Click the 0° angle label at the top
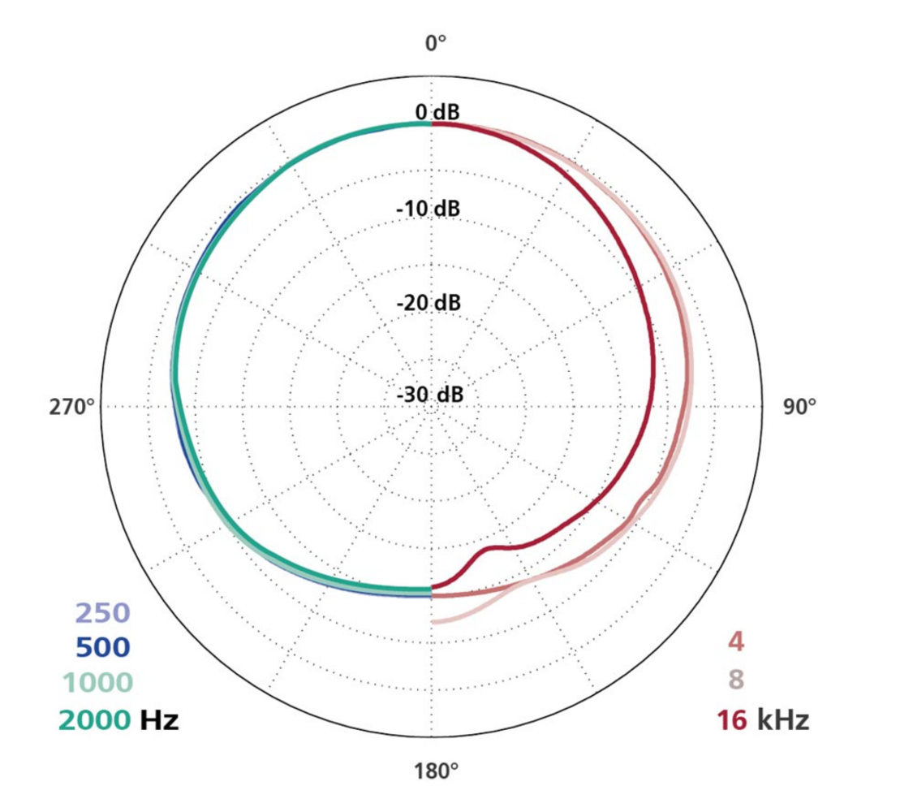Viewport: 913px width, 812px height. [x=437, y=43]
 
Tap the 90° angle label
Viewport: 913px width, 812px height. [x=799, y=407]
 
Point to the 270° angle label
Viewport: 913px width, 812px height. [x=72, y=405]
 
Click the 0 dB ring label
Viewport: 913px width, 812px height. [x=437, y=112]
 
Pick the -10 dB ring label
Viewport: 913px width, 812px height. [x=428, y=209]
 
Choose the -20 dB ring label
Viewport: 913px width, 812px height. [x=429, y=303]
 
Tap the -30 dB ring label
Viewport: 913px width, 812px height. [x=430, y=395]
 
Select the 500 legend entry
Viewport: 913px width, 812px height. [x=102, y=647]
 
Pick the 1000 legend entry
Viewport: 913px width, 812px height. [x=95, y=683]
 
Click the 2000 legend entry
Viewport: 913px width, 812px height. [x=94, y=719]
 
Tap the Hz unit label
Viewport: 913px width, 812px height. [x=159, y=719]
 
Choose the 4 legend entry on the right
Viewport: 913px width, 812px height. [x=735, y=641]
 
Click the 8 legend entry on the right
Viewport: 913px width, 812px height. [x=735, y=678]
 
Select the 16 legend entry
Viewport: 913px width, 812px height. [x=731, y=719]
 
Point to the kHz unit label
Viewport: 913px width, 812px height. [x=782, y=719]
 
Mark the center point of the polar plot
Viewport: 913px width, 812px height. [x=431, y=406]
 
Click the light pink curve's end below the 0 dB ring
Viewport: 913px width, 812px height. [x=435, y=622]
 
